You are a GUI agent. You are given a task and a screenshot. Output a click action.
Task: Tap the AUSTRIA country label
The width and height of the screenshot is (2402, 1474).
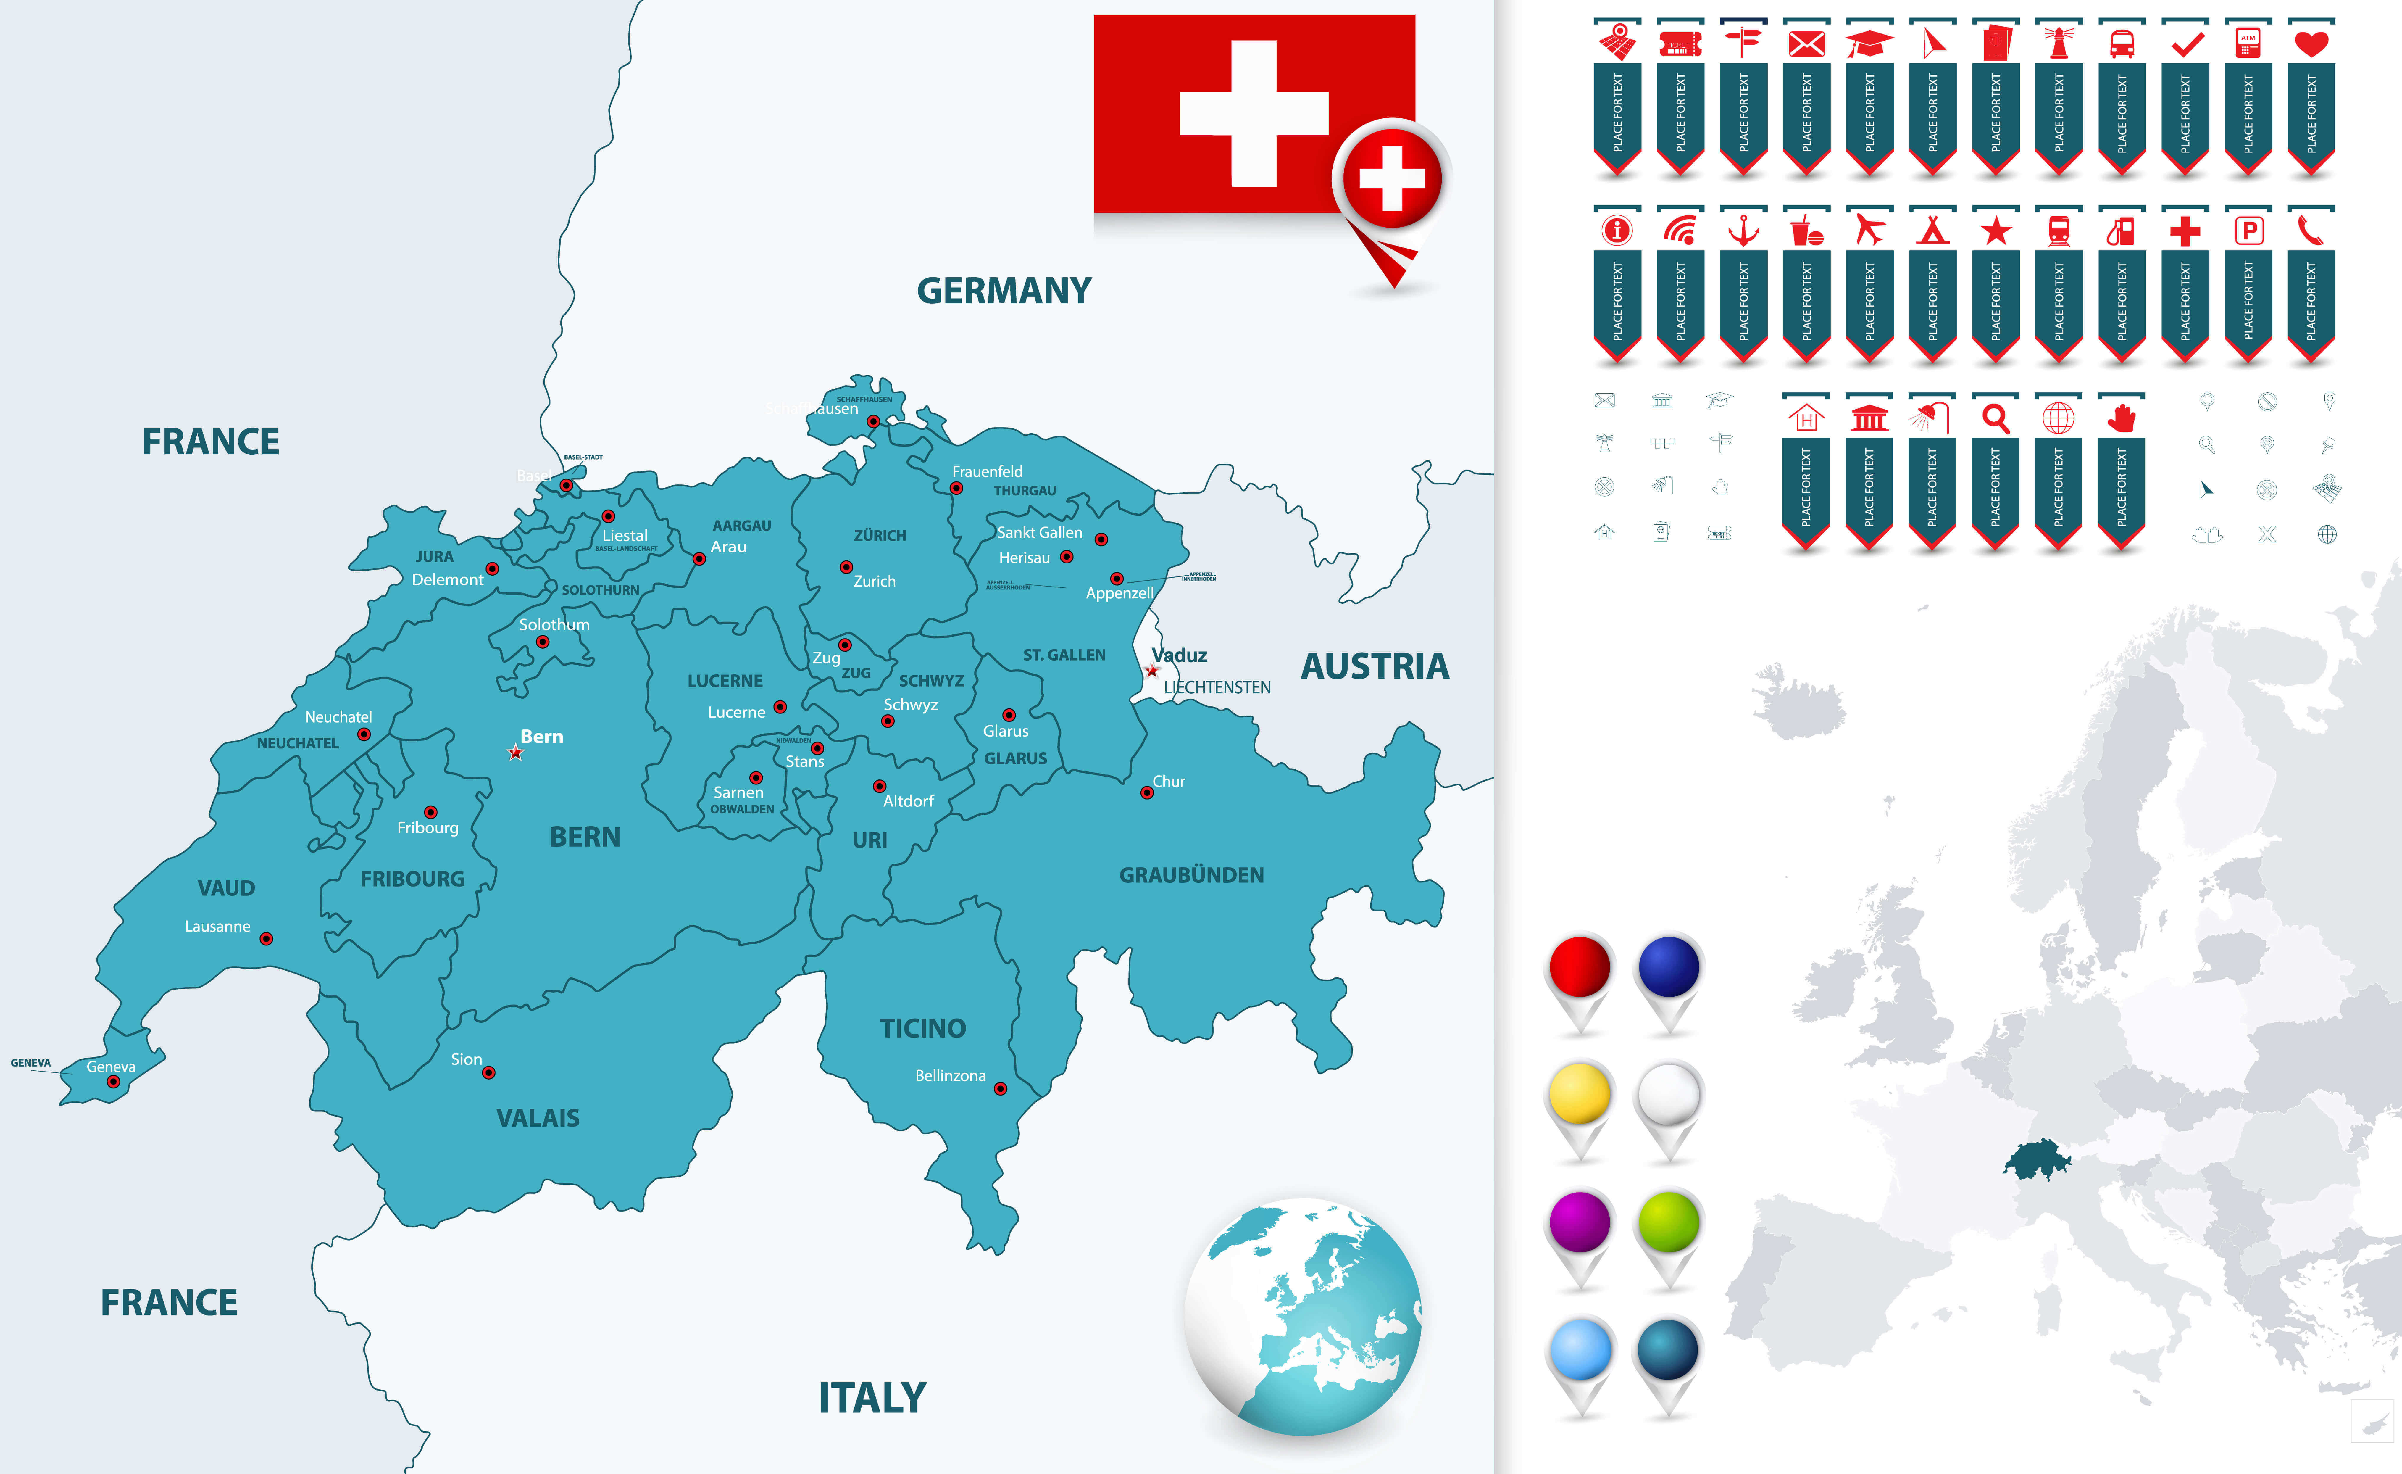[x=1375, y=667]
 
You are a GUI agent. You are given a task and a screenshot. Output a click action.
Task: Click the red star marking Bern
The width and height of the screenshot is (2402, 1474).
[x=516, y=753]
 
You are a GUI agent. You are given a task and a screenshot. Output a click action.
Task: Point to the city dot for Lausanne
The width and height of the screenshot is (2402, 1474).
[x=266, y=939]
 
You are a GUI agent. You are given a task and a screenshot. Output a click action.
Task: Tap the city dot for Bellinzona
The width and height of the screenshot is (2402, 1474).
[x=1000, y=1089]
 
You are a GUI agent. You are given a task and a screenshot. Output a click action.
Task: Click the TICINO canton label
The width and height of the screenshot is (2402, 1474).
[x=922, y=1028]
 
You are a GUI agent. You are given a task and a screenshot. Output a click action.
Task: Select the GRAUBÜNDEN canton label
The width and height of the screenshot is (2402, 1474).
[x=1191, y=875]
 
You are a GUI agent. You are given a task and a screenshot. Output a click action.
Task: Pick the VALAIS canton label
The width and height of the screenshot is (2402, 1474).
[x=538, y=1118]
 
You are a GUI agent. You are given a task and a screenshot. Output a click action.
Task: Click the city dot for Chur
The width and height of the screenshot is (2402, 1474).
[x=1147, y=792]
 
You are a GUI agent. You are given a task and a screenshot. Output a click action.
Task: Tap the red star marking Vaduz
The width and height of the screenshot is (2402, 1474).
[x=1152, y=671]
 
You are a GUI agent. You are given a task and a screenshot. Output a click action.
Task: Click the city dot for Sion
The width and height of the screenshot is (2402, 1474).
[x=489, y=1072]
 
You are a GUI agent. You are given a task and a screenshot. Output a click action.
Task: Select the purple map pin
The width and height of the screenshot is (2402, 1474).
[x=1579, y=1222]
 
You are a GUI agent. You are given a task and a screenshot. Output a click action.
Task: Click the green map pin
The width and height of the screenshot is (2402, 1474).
[x=1669, y=1222]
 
